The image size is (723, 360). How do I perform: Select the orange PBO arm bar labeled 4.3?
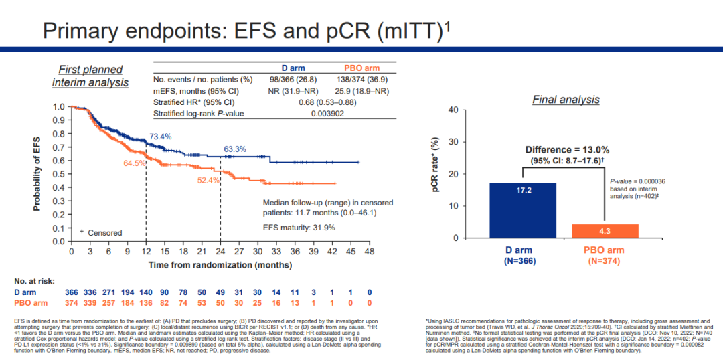(605, 231)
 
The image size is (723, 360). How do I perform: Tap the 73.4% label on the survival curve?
(160, 137)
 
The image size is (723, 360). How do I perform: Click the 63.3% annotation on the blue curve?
(234, 149)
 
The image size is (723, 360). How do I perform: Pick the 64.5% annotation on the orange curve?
(134, 163)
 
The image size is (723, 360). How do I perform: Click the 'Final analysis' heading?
(566, 100)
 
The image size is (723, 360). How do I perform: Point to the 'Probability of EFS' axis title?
(39, 174)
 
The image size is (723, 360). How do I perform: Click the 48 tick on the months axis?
(369, 252)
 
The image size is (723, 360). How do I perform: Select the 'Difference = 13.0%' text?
(566, 149)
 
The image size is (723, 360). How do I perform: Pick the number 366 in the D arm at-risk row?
(71, 293)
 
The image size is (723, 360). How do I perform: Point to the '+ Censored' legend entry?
(100, 232)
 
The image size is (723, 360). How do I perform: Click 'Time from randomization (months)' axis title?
(220, 265)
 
